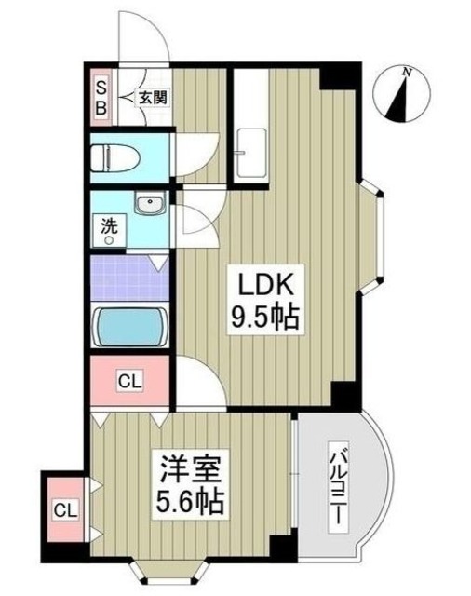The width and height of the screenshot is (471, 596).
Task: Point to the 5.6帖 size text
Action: coord(189,503)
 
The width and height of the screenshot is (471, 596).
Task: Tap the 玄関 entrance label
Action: coord(154,96)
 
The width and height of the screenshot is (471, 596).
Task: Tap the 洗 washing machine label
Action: coord(109,225)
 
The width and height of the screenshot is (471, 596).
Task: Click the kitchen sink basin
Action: coord(250,150)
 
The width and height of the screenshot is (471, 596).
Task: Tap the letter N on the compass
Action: coord(407,72)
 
